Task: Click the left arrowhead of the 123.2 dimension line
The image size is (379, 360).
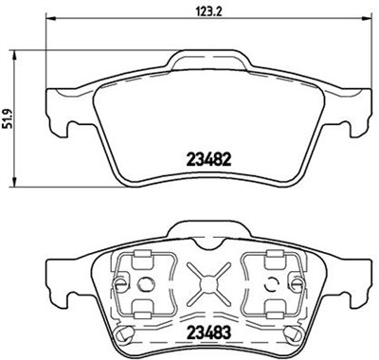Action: click(x=49, y=25)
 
